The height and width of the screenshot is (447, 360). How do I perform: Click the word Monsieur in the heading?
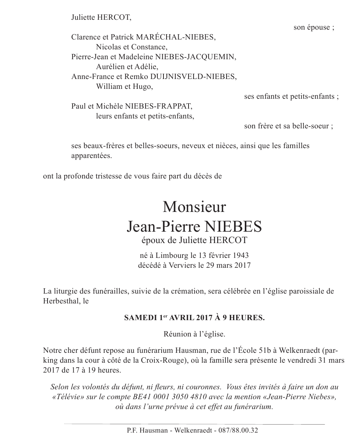click(x=194, y=207)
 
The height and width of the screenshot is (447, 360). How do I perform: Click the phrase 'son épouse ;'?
click(x=314, y=27)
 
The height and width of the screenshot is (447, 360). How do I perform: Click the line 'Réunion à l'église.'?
click(x=194, y=335)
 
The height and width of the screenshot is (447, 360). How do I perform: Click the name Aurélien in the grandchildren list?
click(x=108, y=67)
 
